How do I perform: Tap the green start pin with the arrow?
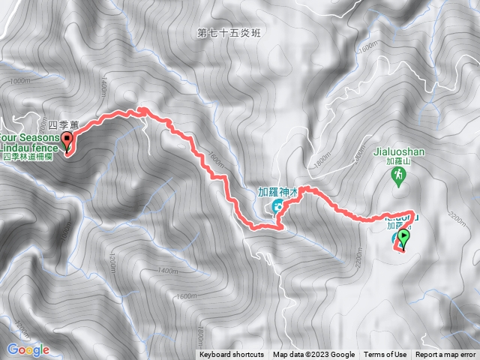click(404, 239)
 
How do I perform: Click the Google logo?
click(28, 349)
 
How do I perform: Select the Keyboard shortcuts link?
click(232, 355)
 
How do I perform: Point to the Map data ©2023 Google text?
click(313, 355)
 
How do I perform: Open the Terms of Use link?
click(385, 355)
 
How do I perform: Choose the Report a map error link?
click(446, 355)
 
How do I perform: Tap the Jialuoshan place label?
click(399, 151)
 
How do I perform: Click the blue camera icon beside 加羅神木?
click(277, 205)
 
